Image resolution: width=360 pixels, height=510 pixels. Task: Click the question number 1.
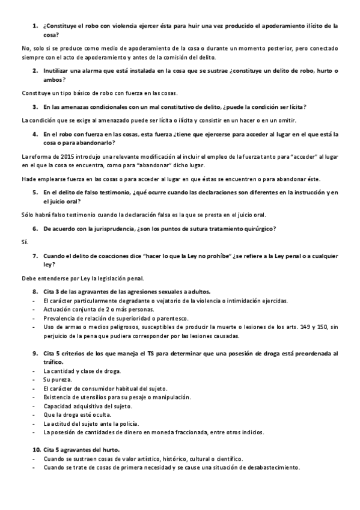click(x=34, y=26)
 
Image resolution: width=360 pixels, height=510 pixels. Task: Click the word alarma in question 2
click(x=91, y=71)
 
